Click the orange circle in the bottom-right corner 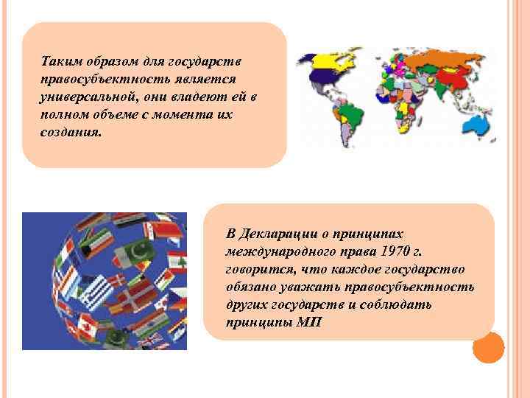tap(487, 348)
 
